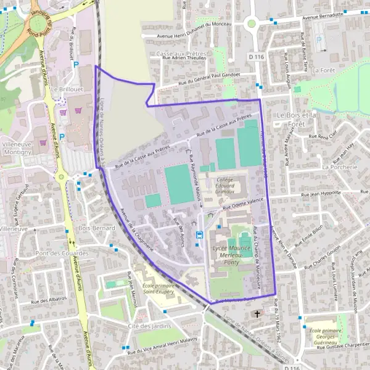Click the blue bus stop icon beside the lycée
[x=199, y=234]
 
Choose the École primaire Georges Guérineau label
[x=326, y=335]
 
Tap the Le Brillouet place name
[x=64, y=89]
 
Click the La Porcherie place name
[x=340, y=167]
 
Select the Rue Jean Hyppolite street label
[x=320, y=193]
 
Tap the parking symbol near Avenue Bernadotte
[x=318, y=40]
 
